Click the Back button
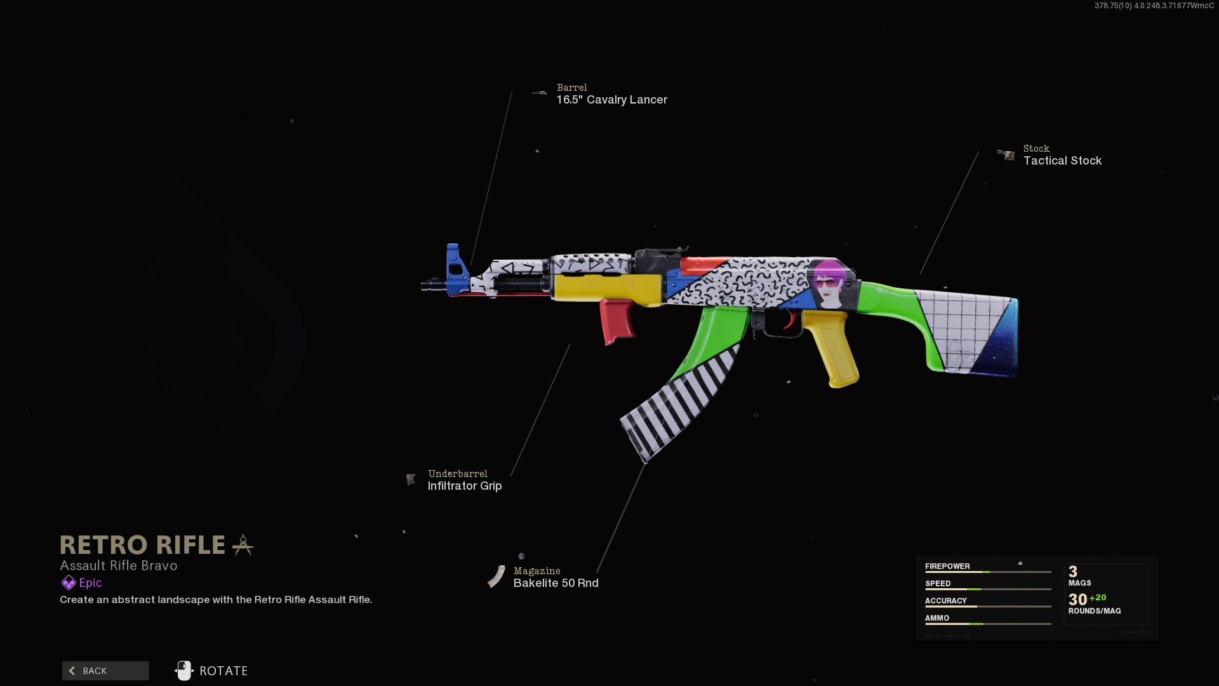105,671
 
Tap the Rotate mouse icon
183,671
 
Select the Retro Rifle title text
142,545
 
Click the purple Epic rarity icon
69,582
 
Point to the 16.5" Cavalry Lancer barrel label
611,100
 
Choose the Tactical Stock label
1062,161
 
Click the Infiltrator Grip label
464,486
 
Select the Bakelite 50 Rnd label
556,583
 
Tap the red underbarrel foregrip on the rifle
616,321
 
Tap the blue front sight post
455,269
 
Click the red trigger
790,320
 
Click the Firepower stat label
947,566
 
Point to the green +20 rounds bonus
1098,598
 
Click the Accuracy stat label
945,600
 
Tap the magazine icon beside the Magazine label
496,577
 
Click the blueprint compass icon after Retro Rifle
243,545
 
